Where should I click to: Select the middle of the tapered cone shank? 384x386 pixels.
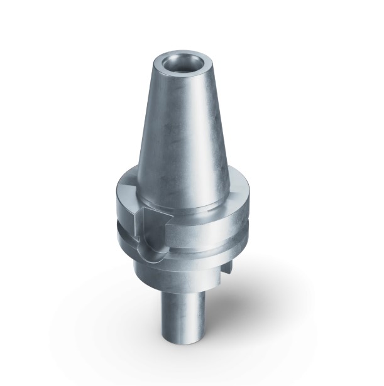[182, 126]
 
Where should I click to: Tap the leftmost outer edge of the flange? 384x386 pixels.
[115, 207]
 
